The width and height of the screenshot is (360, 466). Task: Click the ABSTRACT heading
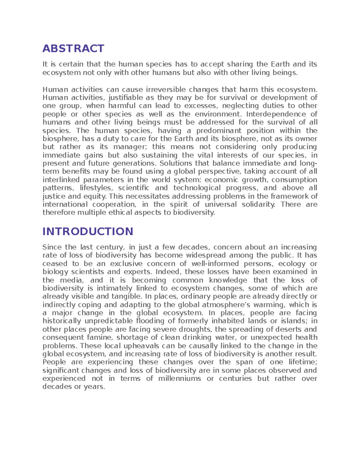click(73, 48)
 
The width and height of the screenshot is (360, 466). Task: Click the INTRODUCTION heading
click(88, 231)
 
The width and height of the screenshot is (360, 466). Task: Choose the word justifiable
click(130, 98)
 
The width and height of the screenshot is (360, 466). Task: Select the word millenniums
click(179, 378)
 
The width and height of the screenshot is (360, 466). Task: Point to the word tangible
click(127, 296)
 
